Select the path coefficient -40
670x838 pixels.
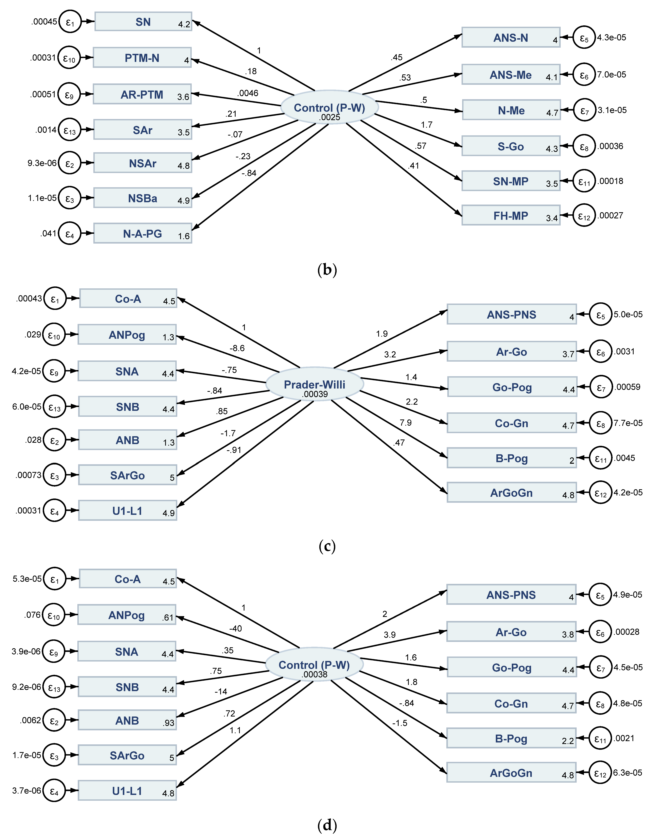tap(235, 628)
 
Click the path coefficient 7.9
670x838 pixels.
tap(405, 423)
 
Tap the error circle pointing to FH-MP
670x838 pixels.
tap(584, 215)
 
